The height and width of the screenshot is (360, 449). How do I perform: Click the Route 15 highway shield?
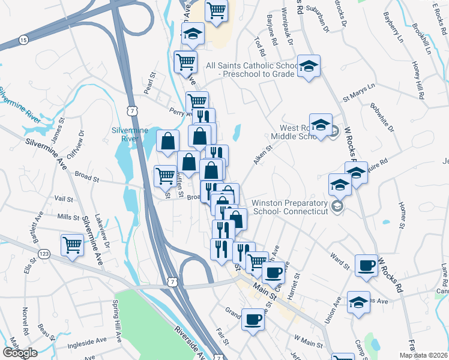tap(23, 40)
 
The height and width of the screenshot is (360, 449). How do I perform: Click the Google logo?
tap(20, 353)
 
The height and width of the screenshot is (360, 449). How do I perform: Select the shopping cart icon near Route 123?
tap(72, 245)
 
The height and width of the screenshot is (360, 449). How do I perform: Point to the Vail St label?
tap(63, 199)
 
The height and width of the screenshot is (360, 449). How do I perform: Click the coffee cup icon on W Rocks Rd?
tap(366, 265)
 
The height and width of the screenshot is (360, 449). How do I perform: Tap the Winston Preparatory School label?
tap(290, 207)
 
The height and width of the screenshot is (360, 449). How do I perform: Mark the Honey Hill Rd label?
tap(419, 80)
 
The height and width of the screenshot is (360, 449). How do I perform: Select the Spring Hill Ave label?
tap(116, 327)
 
